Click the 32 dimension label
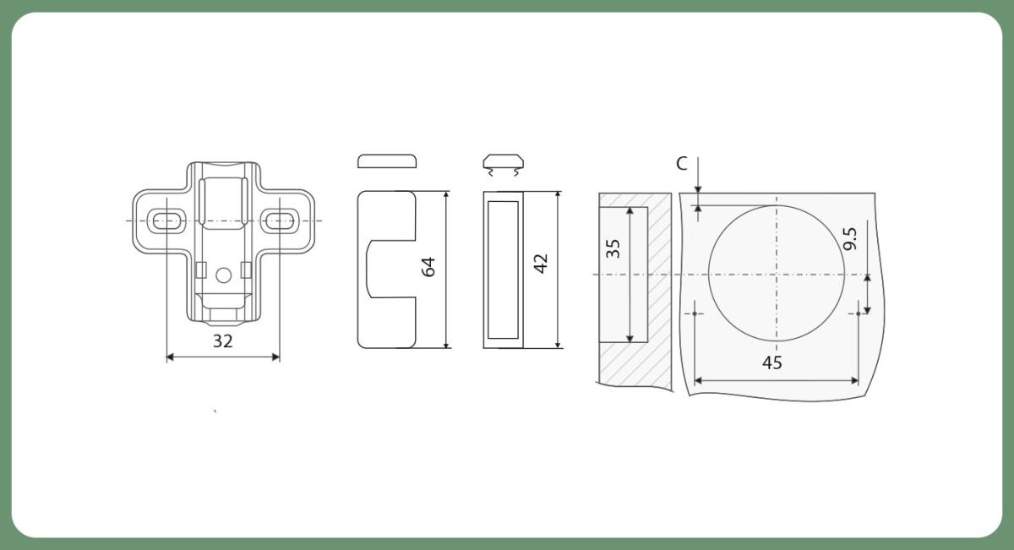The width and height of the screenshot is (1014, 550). [x=223, y=341]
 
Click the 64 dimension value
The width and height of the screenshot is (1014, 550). [x=428, y=267]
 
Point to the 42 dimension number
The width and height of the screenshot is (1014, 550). [x=541, y=264]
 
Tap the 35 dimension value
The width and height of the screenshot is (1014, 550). [x=613, y=248]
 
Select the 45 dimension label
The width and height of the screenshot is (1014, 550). [x=771, y=363]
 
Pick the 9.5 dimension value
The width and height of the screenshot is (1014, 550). [x=850, y=238]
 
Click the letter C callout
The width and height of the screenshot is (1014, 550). [x=681, y=163]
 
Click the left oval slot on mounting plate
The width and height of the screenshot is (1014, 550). [x=166, y=221]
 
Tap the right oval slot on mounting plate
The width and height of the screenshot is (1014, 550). [x=280, y=221]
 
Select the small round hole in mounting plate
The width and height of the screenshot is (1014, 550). [x=224, y=275]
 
